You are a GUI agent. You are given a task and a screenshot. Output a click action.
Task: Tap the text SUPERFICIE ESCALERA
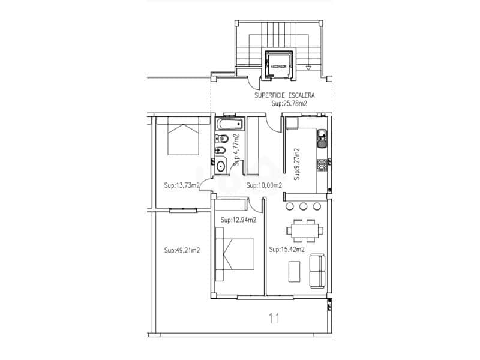284,95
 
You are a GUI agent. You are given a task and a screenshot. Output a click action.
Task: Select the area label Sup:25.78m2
289,104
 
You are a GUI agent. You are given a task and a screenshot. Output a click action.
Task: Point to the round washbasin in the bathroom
220,166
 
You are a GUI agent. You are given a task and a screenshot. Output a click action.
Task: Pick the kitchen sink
322,138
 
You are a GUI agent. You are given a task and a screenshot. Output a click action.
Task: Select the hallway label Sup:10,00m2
264,185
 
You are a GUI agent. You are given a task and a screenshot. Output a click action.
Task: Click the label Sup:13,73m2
182,185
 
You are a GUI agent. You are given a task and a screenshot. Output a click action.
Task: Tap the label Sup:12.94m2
238,220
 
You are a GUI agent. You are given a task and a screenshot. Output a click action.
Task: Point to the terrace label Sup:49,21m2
182,250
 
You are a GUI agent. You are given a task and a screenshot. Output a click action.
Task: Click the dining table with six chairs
304,230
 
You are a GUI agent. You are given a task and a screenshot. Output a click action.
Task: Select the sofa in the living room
317,270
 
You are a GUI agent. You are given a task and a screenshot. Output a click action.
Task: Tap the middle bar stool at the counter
303,206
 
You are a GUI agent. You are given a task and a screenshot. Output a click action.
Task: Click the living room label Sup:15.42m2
287,250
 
